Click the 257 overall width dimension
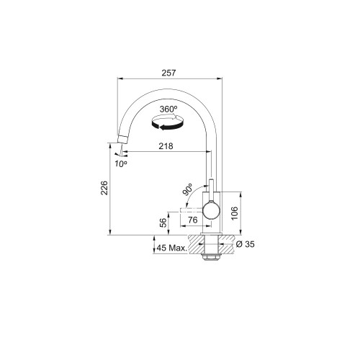coord(168,73)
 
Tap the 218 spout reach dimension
coord(166,146)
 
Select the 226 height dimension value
coord(104,188)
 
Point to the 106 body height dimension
coord(234,213)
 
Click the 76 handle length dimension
coord(193,220)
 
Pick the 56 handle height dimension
coord(163,222)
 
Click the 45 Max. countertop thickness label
coord(171,248)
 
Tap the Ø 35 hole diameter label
coord(245,244)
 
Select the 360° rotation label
coord(168,109)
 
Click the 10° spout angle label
coord(121,164)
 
